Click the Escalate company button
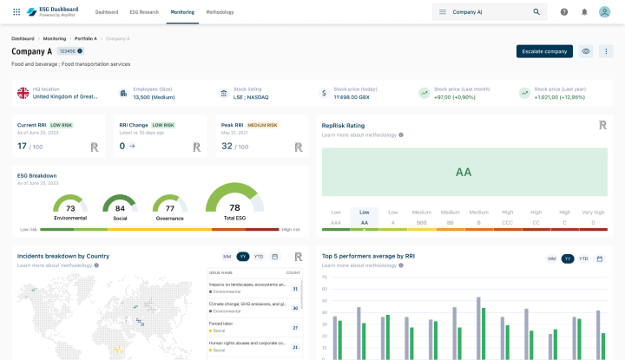pos(544,51)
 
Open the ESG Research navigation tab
pos(144,12)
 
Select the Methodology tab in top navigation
pos(220,12)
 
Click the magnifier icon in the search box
pos(536,12)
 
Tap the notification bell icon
pos(584,12)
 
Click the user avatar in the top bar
pos(604,12)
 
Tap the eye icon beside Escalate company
pos(586,51)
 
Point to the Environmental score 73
pos(70,208)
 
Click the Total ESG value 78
pos(234,207)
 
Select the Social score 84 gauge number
pos(120,208)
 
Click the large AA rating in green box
pos(464,172)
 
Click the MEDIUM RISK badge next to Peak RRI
pos(262,125)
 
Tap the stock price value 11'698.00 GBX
pos(353,97)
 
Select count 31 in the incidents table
pos(296,289)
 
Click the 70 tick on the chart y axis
pos(324,278)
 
